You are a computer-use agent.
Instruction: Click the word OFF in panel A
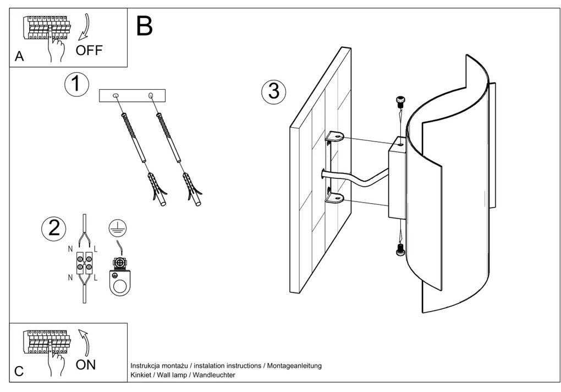coord(89,51)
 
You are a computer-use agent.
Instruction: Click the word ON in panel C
coord(86,364)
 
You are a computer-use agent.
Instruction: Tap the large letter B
coord(144,26)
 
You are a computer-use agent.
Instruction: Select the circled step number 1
coord(76,85)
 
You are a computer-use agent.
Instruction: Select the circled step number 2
coord(54,228)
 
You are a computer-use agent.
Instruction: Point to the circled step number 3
coord(273,91)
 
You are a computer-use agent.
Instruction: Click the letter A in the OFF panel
coord(19,57)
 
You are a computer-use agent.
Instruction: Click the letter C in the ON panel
coord(19,371)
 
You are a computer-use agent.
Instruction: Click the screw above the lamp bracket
coord(401,101)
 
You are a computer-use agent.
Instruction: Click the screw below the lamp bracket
coord(401,251)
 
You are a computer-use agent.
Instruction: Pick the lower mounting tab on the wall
coord(333,198)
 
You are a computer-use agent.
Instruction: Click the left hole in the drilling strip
coord(116,96)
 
